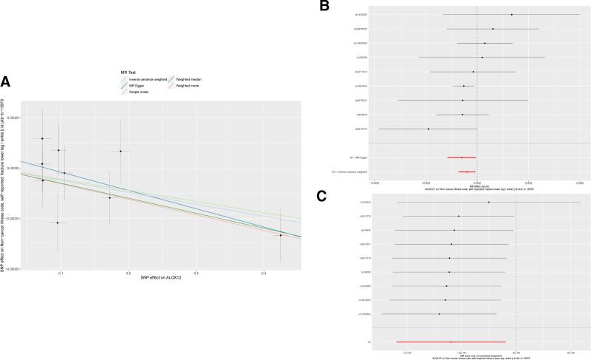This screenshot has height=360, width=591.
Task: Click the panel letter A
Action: coord(6,81)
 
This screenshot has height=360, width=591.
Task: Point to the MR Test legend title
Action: coord(131,71)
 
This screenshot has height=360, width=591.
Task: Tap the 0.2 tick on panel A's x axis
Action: coord(128,273)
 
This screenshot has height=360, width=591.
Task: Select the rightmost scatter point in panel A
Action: coord(280,235)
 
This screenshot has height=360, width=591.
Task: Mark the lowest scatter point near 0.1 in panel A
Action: coord(58,223)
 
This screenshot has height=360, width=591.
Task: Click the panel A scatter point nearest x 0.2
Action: coord(120,152)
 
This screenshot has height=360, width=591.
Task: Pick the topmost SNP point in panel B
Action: coord(511,15)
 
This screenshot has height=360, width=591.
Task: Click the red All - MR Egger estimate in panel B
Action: coord(462,157)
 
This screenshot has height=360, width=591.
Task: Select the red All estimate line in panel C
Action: coord(451,342)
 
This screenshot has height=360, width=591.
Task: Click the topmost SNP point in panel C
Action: coord(488,203)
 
